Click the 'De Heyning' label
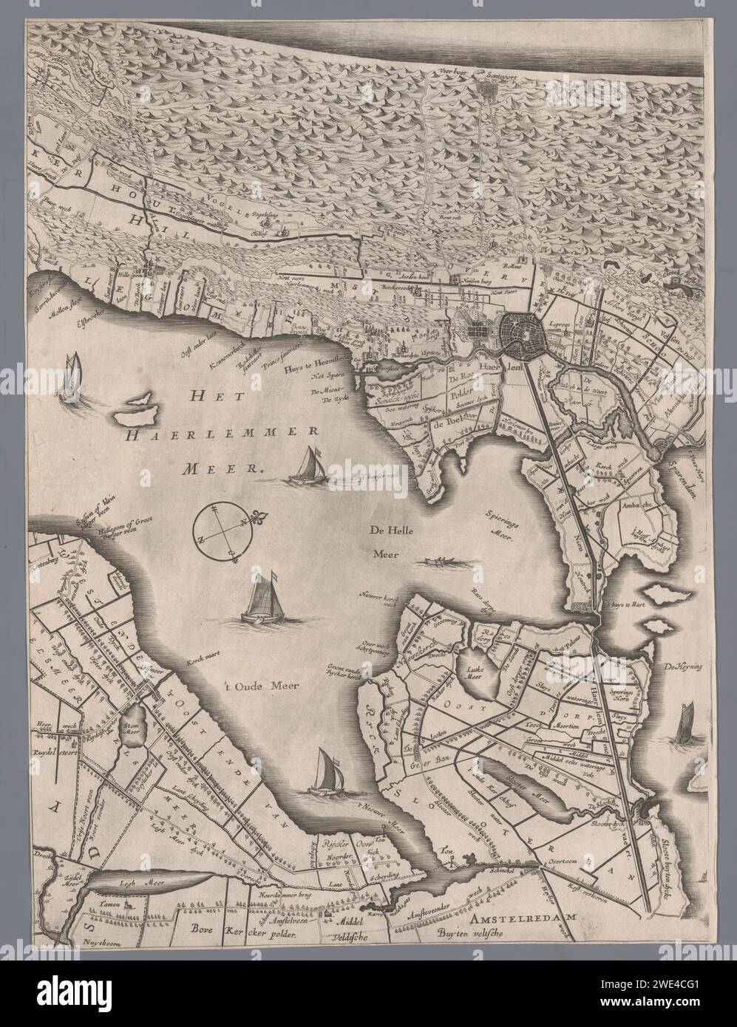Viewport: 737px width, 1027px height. [687, 668]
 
